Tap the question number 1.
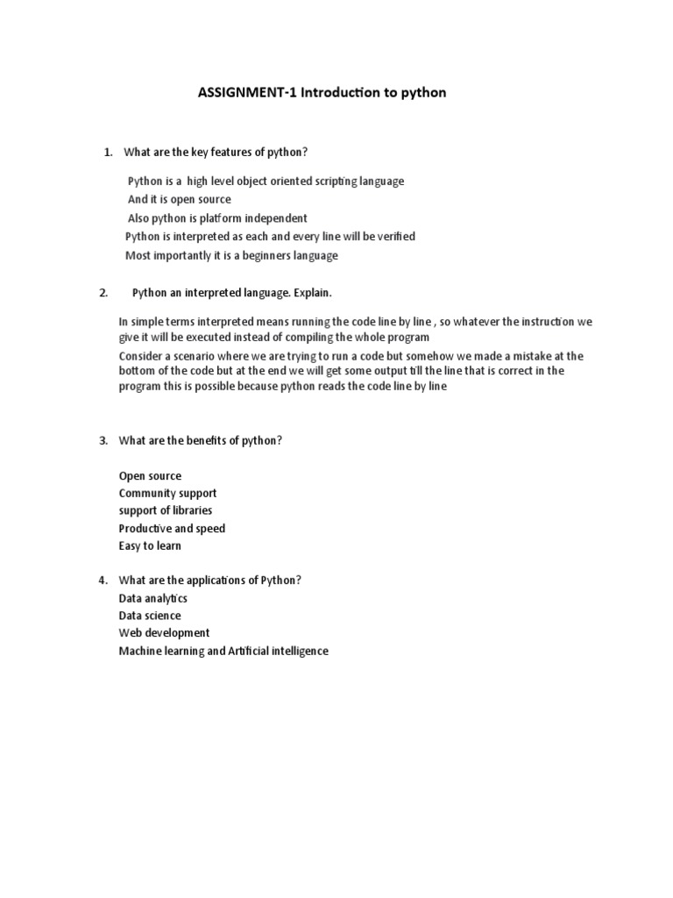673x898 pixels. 108,153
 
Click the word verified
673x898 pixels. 395,237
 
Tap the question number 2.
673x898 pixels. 103,292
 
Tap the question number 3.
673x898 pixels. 103,440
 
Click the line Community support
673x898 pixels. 167,494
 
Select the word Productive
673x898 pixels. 145,529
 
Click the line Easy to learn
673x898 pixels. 150,546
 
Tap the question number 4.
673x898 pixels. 103,581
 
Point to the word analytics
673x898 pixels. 166,598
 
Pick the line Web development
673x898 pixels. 164,633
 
